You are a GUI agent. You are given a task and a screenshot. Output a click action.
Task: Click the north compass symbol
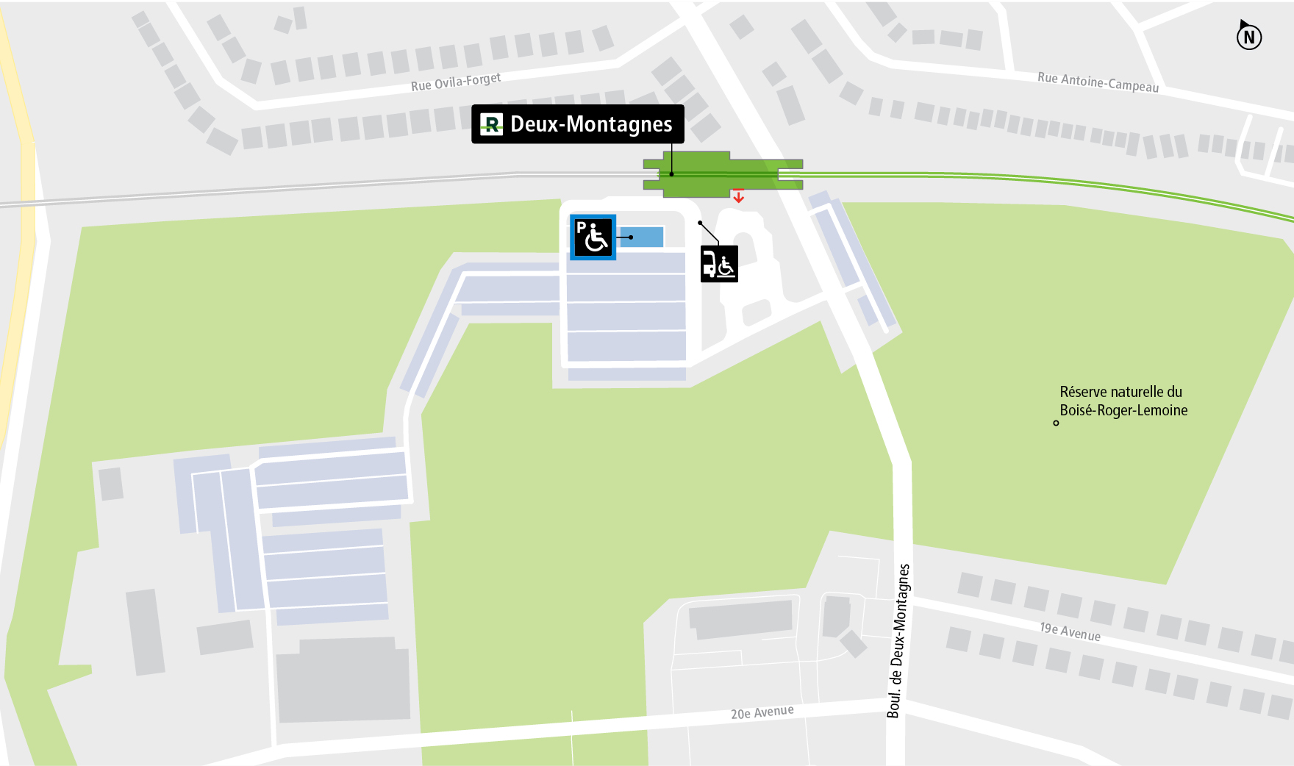click(1248, 36)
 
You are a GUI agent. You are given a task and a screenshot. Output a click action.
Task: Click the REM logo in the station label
click(491, 124)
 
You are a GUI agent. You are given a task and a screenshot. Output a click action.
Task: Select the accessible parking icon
click(593, 237)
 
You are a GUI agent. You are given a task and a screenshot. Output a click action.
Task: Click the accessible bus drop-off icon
click(719, 264)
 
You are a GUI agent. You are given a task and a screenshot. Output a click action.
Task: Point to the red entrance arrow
click(738, 196)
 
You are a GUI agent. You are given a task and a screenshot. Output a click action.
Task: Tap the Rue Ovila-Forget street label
click(456, 82)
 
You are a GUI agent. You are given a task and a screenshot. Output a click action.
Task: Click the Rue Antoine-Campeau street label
click(1098, 82)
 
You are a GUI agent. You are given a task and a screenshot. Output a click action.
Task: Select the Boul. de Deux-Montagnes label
click(898, 640)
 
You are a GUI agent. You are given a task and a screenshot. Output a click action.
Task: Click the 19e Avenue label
click(1070, 631)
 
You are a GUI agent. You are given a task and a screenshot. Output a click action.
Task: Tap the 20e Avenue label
click(762, 712)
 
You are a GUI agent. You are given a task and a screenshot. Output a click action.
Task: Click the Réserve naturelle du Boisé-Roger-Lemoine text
click(1123, 401)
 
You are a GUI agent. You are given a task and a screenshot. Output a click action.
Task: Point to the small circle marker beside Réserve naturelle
click(1056, 423)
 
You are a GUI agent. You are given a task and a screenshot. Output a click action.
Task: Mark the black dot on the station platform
click(671, 174)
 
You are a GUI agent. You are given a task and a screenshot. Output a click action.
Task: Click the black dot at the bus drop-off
click(700, 222)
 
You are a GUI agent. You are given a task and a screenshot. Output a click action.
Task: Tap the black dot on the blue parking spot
click(631, 237)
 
